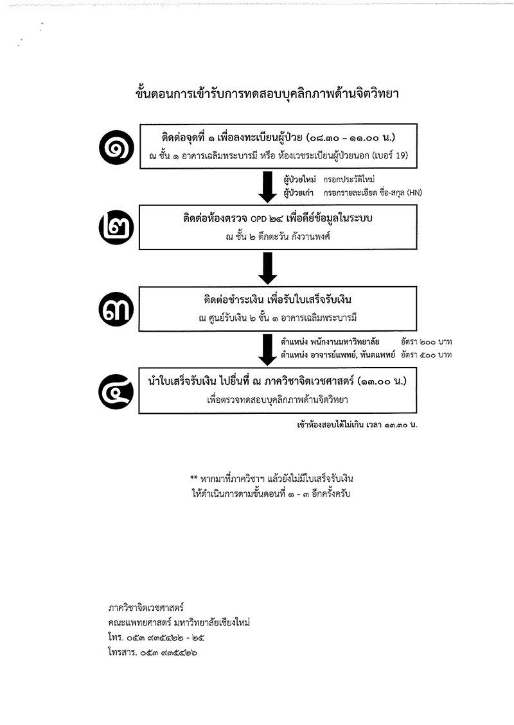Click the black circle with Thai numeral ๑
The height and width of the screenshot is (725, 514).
[x=116, y=147]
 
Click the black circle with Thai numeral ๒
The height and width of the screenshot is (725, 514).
[x=116, y=228]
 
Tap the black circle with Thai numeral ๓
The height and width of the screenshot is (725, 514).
[x=116, y=309]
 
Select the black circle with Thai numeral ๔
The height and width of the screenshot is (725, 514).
[x=116, y=391]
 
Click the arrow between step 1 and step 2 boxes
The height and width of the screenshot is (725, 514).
[x=267, y=187]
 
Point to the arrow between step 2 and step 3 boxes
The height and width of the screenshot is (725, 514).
[x=267, y=268]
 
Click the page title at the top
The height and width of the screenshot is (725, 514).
[x=267, y=94]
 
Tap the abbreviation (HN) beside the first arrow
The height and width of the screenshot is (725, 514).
[x=414, y=193]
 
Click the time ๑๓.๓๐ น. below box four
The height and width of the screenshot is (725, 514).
[x=400, y=425]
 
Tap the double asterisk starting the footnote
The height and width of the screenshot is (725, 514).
[x=193, y=478]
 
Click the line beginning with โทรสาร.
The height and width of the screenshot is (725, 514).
[x=153, y=653]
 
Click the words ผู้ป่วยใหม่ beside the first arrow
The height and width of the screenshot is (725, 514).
[x=300, y=180]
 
